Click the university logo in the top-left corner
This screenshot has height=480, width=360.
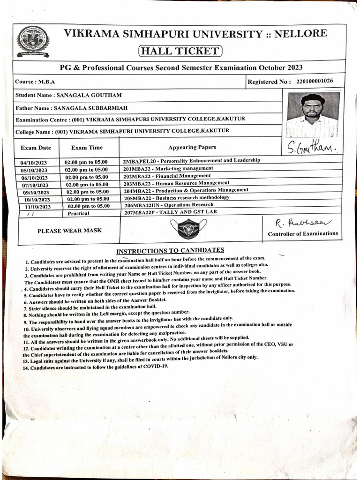[x=32, y=41]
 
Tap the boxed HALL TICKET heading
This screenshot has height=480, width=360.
[x=180, y=51]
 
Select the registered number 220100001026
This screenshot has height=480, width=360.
[x=315, y=81]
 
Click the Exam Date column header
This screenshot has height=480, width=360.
[x=36, y=148]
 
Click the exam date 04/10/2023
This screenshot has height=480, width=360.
[x=35, y=163]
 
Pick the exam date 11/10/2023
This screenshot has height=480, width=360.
[x=37, y=206]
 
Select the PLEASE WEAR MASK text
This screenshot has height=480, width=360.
[x=69, y=230]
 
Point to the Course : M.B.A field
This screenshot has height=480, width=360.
[x=35, y=82]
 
